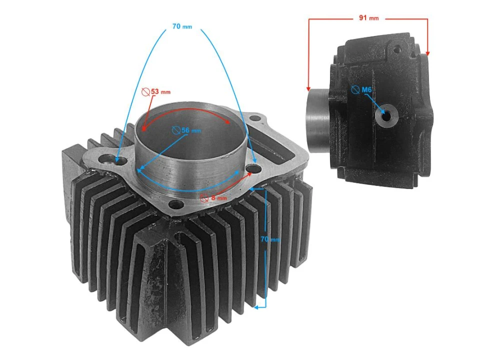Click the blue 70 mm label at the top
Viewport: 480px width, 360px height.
click(182, 26)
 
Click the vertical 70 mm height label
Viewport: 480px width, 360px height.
click(270, 239)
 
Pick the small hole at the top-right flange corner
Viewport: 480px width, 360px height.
click(255, 119)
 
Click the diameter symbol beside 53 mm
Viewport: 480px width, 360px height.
click(145, 92)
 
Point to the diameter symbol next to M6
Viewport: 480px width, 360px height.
click(355, 90)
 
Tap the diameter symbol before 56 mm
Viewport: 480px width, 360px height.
click(175, 130)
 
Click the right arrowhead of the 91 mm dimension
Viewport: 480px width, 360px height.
click(427, 53)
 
